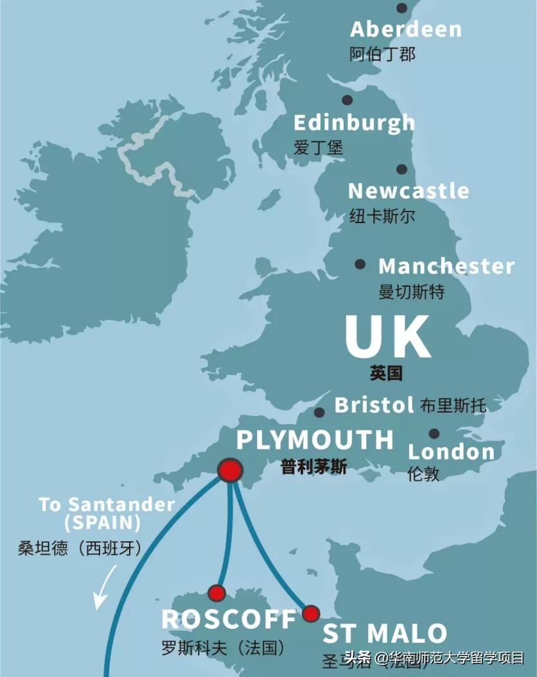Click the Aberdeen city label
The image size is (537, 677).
click(405, 29)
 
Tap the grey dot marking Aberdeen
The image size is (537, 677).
click(402, 8)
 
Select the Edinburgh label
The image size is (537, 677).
click(354, 122)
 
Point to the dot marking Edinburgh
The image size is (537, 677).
click(348, 100)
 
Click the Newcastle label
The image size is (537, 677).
click(409, 191)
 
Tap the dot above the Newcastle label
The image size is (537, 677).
click(401, 170)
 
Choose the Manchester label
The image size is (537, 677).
click(446, 266)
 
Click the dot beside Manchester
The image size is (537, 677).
click(360, 264)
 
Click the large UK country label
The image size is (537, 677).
click(387, 337)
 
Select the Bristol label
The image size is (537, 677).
click(374, 405)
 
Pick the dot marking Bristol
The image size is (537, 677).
click(319, 413)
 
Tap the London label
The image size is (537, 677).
click(452, 451)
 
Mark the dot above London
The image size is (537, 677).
click(434, 434)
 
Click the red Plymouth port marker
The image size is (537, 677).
click(229, 471)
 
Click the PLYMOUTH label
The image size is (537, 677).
click(315, 440)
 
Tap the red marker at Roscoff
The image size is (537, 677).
click(216, 593)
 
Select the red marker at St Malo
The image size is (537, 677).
click(311, 613)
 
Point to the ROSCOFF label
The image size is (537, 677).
click(229, 619)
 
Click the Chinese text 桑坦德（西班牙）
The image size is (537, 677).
click(80, 548)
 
